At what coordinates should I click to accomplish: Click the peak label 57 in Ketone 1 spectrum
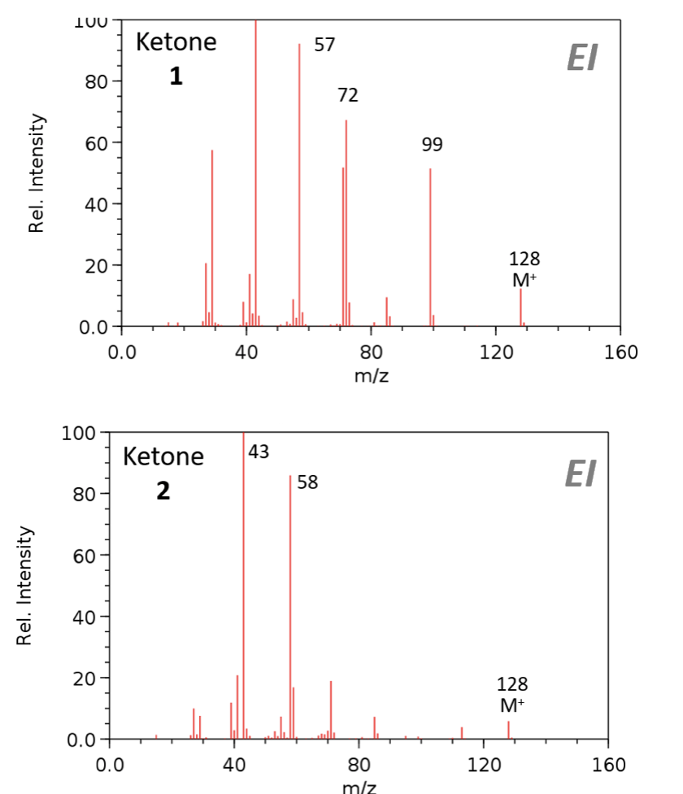[324, 45]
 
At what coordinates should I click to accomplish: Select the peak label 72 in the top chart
[348, 95]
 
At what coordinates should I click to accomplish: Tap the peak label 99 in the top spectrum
[433, 145]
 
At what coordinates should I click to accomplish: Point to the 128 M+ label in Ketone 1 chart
[524, 269]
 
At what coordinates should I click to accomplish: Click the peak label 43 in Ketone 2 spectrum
[259, 452]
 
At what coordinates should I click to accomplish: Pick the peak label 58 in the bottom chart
[307, 482]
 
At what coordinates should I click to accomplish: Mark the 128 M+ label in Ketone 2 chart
[512, 694]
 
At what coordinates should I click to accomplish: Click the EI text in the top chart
[581, 59]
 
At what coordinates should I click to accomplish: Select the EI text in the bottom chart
[580, 474]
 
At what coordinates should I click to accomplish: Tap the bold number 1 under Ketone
[176, 77]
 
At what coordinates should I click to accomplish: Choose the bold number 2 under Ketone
[163, 491]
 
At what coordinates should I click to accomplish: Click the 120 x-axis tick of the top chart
[496, 351]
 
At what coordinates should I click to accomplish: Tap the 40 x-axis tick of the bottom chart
[234, 765]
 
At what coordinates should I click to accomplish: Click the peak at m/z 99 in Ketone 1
[430, 244]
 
